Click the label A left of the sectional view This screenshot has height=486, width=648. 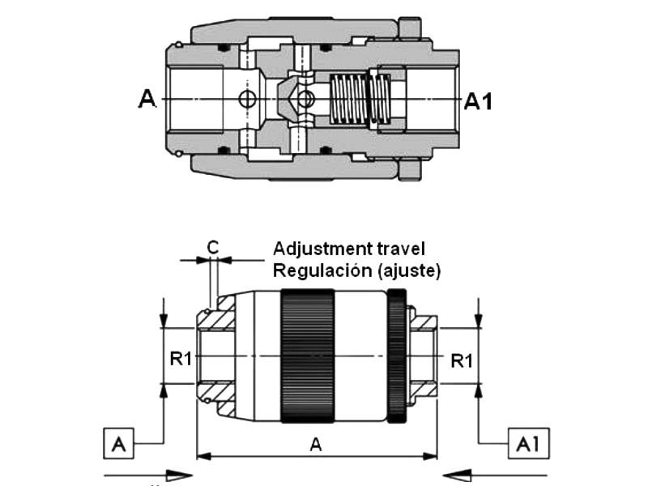(147, 99)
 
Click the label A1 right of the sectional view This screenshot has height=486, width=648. (478, 100)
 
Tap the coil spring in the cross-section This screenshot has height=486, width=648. (350, 99)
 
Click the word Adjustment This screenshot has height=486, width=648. (319, 248)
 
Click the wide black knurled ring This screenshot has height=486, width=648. (307, 356)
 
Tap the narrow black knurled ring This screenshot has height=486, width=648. (395, 356)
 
